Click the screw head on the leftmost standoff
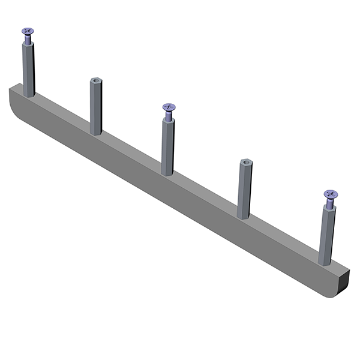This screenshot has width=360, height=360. click(x=28, y=31)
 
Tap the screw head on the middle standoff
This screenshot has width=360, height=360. click(x=169, y=107)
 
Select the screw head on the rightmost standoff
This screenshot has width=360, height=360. click(x=331, y=194)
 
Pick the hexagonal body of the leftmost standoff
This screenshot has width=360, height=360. click(x=28, y=69)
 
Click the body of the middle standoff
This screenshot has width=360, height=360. click(x=168, y=147)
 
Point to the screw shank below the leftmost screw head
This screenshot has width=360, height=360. click(x=28, y=40)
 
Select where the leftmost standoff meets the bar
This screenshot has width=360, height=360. click(x=29, y=94)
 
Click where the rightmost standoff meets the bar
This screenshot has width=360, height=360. click(x=325, y=263)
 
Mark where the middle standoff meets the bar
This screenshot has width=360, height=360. click(x=167, y=173)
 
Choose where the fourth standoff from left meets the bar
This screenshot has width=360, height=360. click(x=243, y=216)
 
